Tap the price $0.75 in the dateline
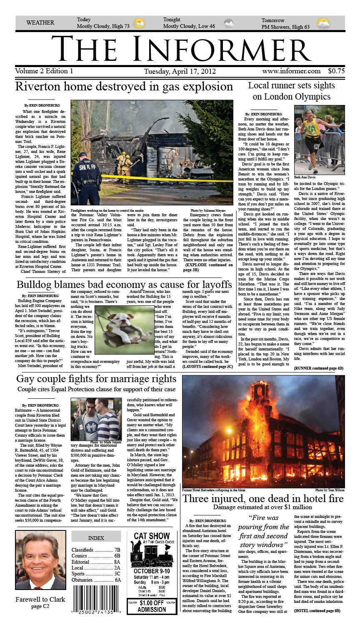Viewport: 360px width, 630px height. click(336, 71)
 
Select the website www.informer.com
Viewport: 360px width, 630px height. click(291, 71)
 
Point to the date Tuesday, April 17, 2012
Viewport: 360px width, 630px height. click(180, 71)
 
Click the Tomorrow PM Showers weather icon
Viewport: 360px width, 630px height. click(323, 24)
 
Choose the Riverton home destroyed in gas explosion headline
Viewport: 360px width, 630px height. click(124, 87)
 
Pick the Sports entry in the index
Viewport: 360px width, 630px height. click(96, 574)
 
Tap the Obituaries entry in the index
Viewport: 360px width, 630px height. click(96, 580)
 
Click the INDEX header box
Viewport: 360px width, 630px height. click(96, 538)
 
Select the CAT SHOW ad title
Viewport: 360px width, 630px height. click(152, 536)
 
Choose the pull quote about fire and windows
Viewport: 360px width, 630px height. click(263, 531)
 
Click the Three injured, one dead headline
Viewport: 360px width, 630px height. click(263, 499)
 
